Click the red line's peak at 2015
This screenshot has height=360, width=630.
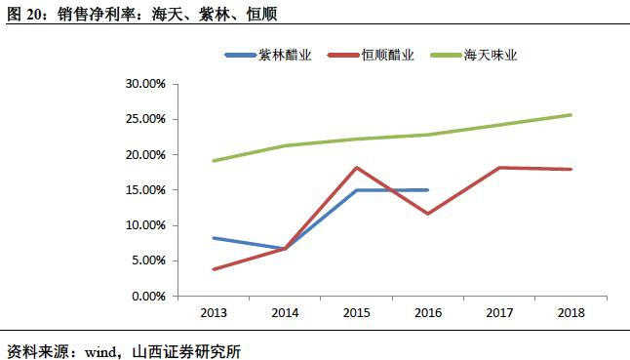point(357,168)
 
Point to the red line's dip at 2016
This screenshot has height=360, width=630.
point(428,214)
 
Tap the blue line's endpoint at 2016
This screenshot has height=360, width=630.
point(428,190)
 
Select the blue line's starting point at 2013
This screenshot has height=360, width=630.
point(214,238)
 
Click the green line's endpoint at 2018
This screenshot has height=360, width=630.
point(571,115)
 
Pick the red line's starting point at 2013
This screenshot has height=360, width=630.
point(214,269)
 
